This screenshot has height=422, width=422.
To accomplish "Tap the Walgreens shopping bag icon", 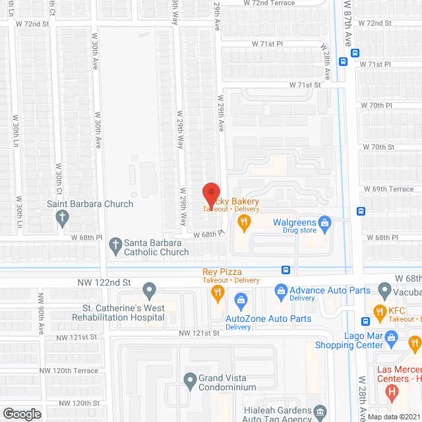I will click(x=324, y=224).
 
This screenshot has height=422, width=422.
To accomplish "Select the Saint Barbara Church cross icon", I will click(x=62, y=217).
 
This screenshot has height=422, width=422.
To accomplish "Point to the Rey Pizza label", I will click(x=222, y=272).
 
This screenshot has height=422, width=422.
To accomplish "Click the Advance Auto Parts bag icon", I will click(x=281, y=290).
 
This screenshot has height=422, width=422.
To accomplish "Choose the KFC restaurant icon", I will click(x=379, y=311).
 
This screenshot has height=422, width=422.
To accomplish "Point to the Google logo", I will click(x=22, y=413).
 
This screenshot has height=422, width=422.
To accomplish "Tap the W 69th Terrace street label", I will click(x=392, y=189).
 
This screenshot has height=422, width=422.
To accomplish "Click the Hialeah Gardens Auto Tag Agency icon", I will click(x=320, y=412).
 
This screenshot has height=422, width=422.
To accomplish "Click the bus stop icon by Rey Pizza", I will click(x=286, y=269).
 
